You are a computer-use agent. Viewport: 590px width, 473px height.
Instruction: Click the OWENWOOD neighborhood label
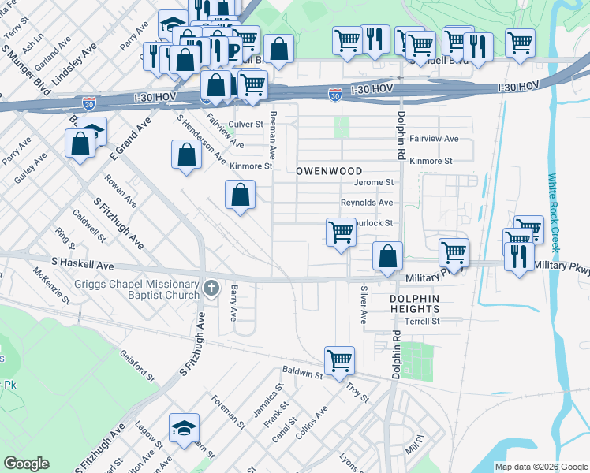tap(329, 171)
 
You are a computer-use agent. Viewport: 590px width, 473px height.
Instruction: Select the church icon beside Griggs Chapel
tap(211, 289)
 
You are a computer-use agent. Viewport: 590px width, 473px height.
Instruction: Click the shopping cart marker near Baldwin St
tap(339, 361)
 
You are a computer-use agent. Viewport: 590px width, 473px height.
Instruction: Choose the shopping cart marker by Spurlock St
tap(341, 233)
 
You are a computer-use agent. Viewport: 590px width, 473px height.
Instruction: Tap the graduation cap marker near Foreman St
tap(184, 428)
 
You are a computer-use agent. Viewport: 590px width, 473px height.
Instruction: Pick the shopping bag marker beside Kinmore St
tap(185, 155)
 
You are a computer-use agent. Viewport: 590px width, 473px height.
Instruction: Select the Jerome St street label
tap(373, 182)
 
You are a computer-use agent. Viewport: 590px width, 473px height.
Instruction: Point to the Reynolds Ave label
tap(366, 203)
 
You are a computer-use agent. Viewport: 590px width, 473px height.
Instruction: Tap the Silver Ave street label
tap(363, 305)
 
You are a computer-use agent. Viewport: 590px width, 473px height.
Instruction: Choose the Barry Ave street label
tap(233, 304)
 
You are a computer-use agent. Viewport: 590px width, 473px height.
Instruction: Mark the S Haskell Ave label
tap(83, 266)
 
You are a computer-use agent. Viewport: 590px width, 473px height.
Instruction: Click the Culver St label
tap(245, 124)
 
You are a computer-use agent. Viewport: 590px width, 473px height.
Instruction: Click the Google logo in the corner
tap(26, 464)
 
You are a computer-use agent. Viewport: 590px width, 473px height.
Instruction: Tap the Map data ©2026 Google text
tap(540, 467)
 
